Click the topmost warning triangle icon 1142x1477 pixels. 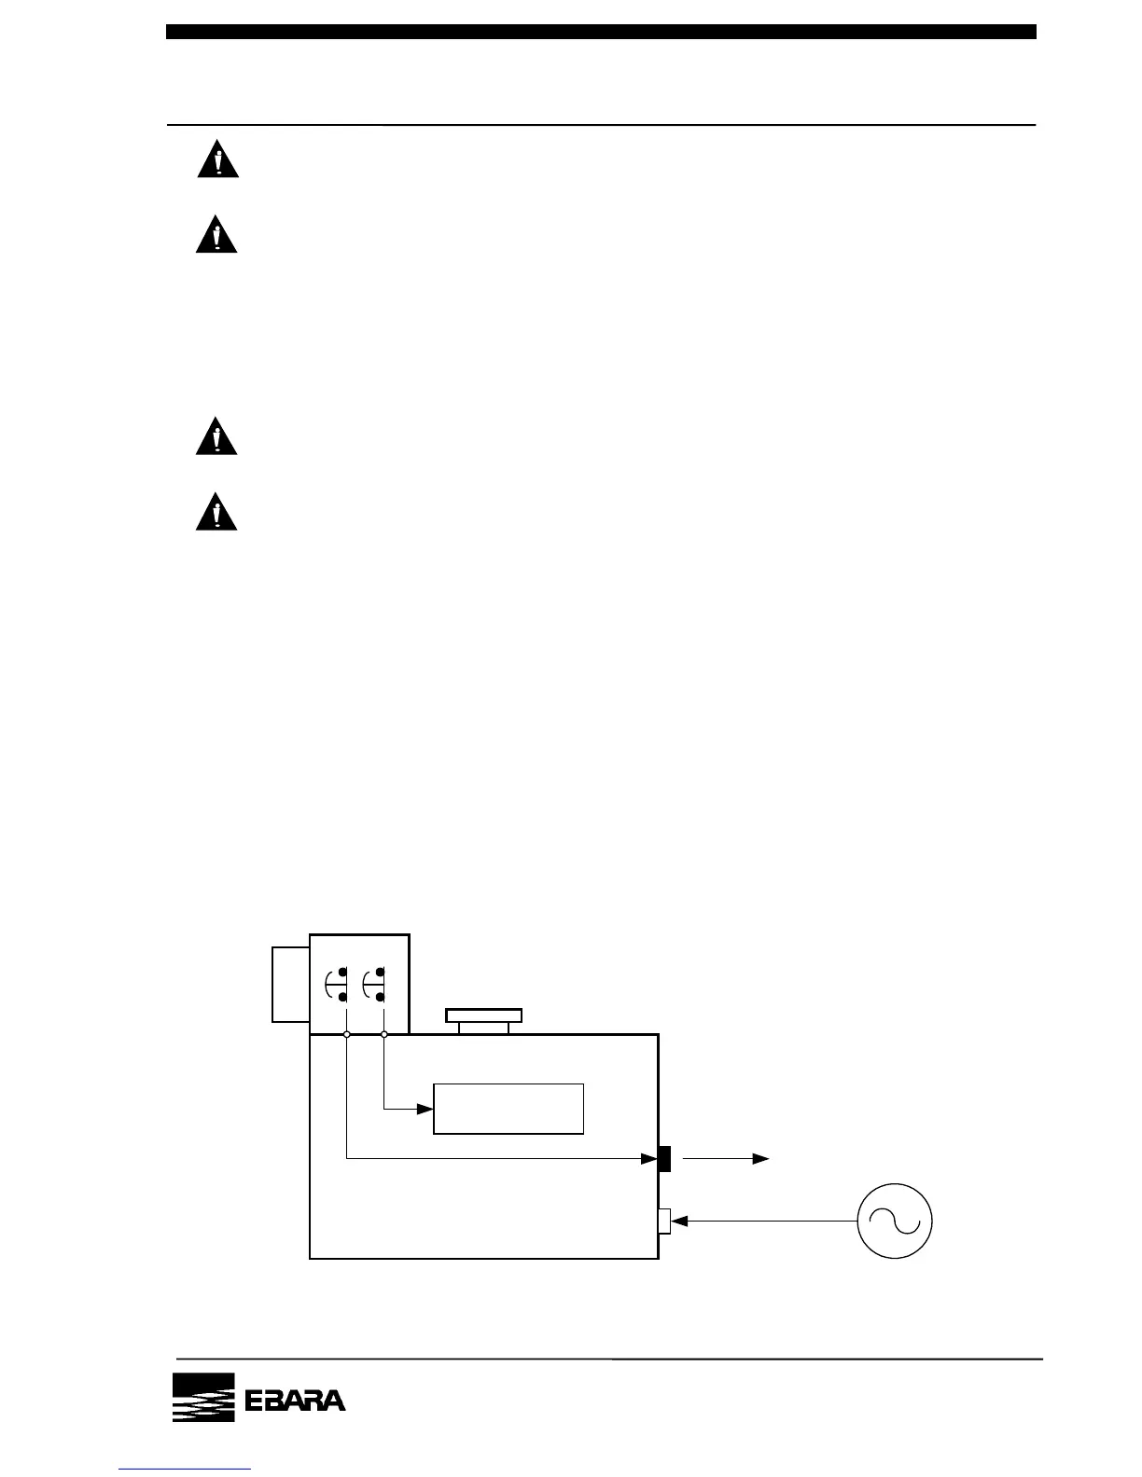click(x=217, y=159)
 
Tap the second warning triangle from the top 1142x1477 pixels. click(x=216, y=235)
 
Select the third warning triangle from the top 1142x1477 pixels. click(x=216, y=436)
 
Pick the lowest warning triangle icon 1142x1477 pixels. click(x=216, y=513)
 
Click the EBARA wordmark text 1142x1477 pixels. click(x=295, y=1401)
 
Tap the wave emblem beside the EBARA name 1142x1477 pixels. click(x=202, y=1398)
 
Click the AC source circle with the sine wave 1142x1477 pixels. click(x=896, y=1221)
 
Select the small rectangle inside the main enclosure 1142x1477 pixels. click(x=508, y=1109)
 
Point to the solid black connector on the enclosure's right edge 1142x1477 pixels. click(x=664, y=1158)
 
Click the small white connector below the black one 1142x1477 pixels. click(x=664, y=1221)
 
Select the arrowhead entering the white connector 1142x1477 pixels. click(x=679, y=1221)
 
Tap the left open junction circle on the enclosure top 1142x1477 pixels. click(x=346, y=1035)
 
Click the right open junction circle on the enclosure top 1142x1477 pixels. click(x=384, y=1035)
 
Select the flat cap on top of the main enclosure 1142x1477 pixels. click(x=483, y=1016)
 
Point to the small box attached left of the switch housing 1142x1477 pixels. click(x=290, y=985)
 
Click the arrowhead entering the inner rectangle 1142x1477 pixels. click(x=425, y=1109)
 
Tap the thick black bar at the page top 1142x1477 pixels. click(x=601, y=32)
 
